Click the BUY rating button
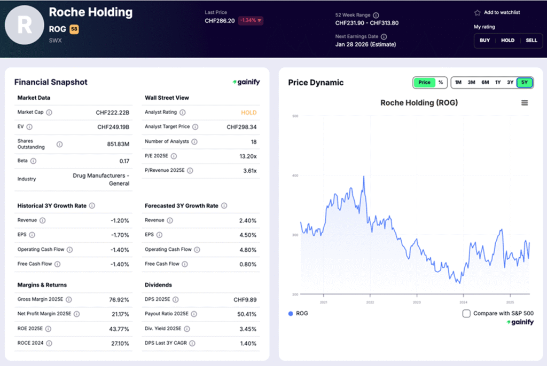(485, 41)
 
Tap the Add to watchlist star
(477, 12)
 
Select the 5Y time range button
(525, 82)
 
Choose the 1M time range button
(458, 82)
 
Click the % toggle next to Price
(441, 82)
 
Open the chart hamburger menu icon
(525, 103)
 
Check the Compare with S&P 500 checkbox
(466, 313)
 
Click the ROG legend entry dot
(291, 313)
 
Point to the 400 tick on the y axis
(294, 175)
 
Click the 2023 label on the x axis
(416, 302)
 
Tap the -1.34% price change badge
(251, 20)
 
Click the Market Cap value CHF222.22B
(113, 113)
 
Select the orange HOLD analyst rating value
(248, 113)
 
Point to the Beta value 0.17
(124, 161)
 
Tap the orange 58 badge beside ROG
(74, 29)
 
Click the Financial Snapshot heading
(51, 82)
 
